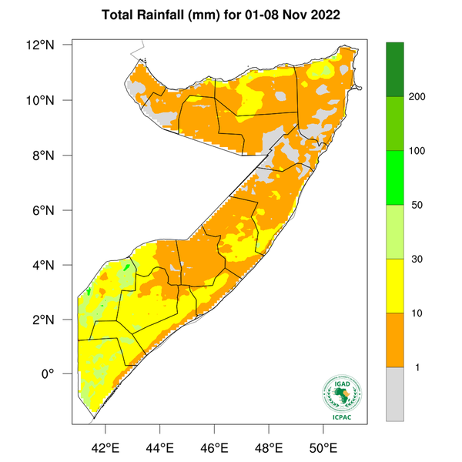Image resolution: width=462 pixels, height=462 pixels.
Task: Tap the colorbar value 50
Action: point(419,205)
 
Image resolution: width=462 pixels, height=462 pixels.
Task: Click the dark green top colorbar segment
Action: point(395,69)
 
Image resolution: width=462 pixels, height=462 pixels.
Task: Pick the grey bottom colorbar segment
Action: point(395,393)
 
